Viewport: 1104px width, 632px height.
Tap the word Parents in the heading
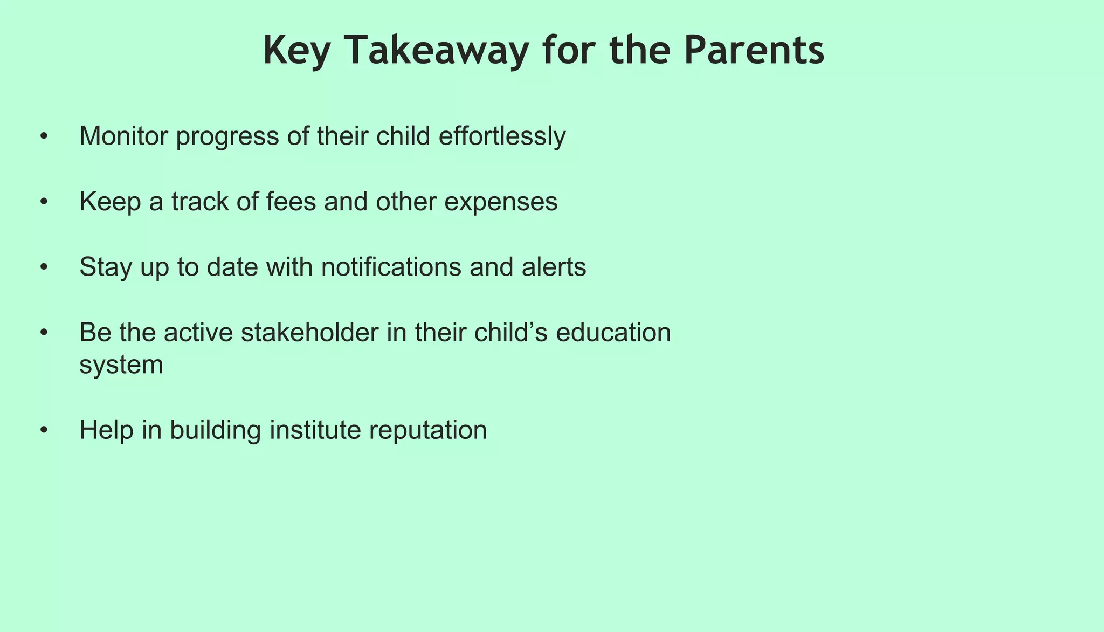tap(754, 50)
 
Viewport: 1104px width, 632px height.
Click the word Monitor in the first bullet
tap(124, 136)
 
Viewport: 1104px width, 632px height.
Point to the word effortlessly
tap(502, 136)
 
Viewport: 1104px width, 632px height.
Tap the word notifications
tap(391, 267)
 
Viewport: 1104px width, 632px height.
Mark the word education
tap(613, 332)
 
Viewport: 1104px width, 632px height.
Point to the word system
tap(121, 366)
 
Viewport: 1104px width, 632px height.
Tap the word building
tap(215, 430)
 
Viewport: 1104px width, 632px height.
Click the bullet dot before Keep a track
tap(44, 202)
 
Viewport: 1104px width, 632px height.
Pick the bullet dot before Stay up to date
tap(44, 267)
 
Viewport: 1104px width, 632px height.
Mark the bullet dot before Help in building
tap(44, 431)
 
